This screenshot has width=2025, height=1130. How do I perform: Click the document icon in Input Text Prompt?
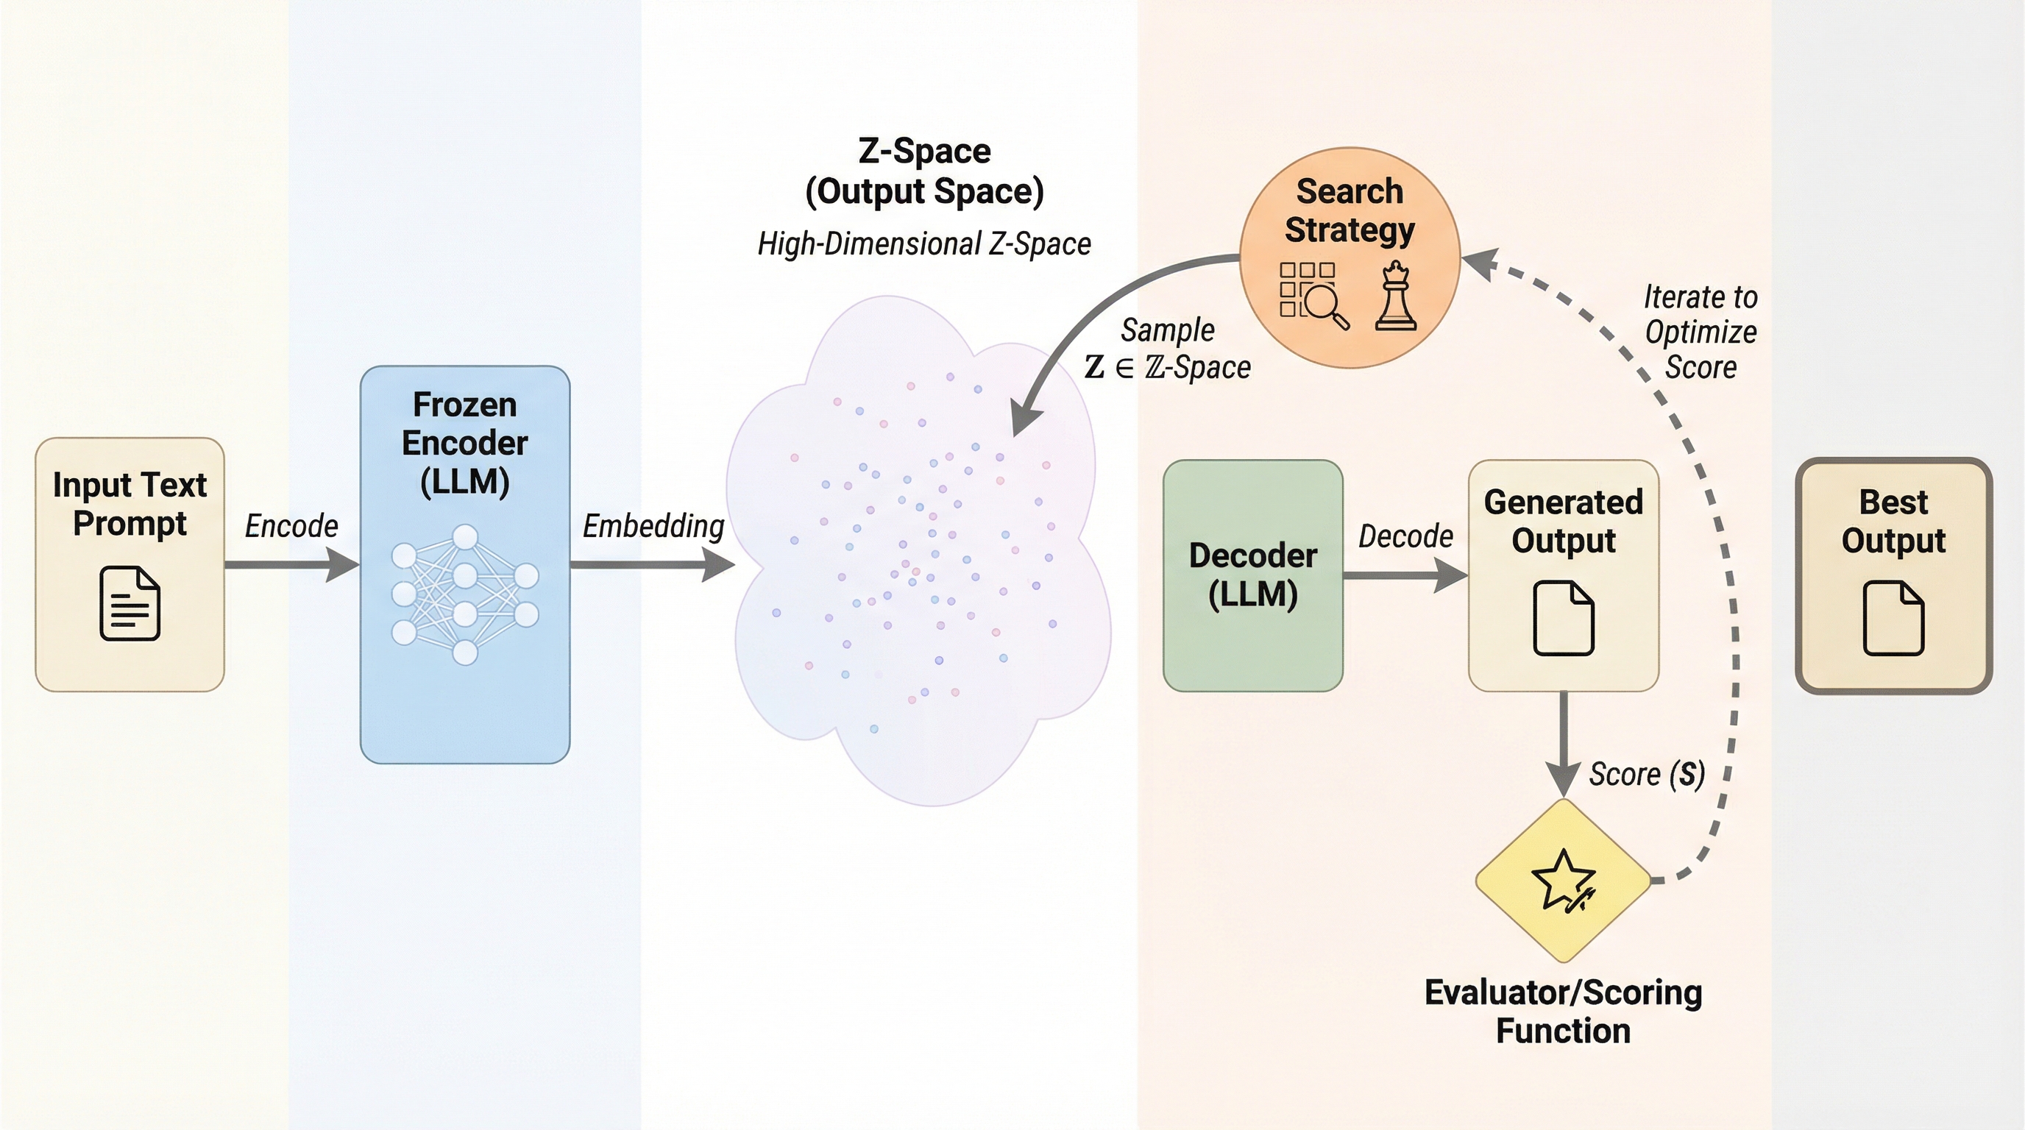130,603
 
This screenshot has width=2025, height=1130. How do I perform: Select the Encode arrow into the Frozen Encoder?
291,564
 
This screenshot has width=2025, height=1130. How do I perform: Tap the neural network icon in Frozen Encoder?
464,595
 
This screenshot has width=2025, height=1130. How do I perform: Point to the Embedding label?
653,526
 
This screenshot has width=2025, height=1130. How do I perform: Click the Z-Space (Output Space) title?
923,171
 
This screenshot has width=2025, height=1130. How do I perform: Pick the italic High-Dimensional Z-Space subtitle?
923,244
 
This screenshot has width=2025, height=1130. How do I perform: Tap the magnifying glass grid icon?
1313,295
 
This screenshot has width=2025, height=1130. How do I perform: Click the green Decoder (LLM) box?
1252,575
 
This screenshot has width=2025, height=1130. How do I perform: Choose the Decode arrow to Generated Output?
1405,575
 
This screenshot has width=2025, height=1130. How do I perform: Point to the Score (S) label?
1647,774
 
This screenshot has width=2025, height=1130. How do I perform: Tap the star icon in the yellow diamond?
1563,880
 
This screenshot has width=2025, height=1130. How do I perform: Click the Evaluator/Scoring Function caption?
1563,1012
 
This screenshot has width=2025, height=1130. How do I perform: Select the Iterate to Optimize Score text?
1700,332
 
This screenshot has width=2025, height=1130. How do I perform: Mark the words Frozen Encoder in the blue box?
464,424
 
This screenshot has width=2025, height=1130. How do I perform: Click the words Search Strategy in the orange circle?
1349,210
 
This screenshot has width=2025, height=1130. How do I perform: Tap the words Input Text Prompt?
130,504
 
